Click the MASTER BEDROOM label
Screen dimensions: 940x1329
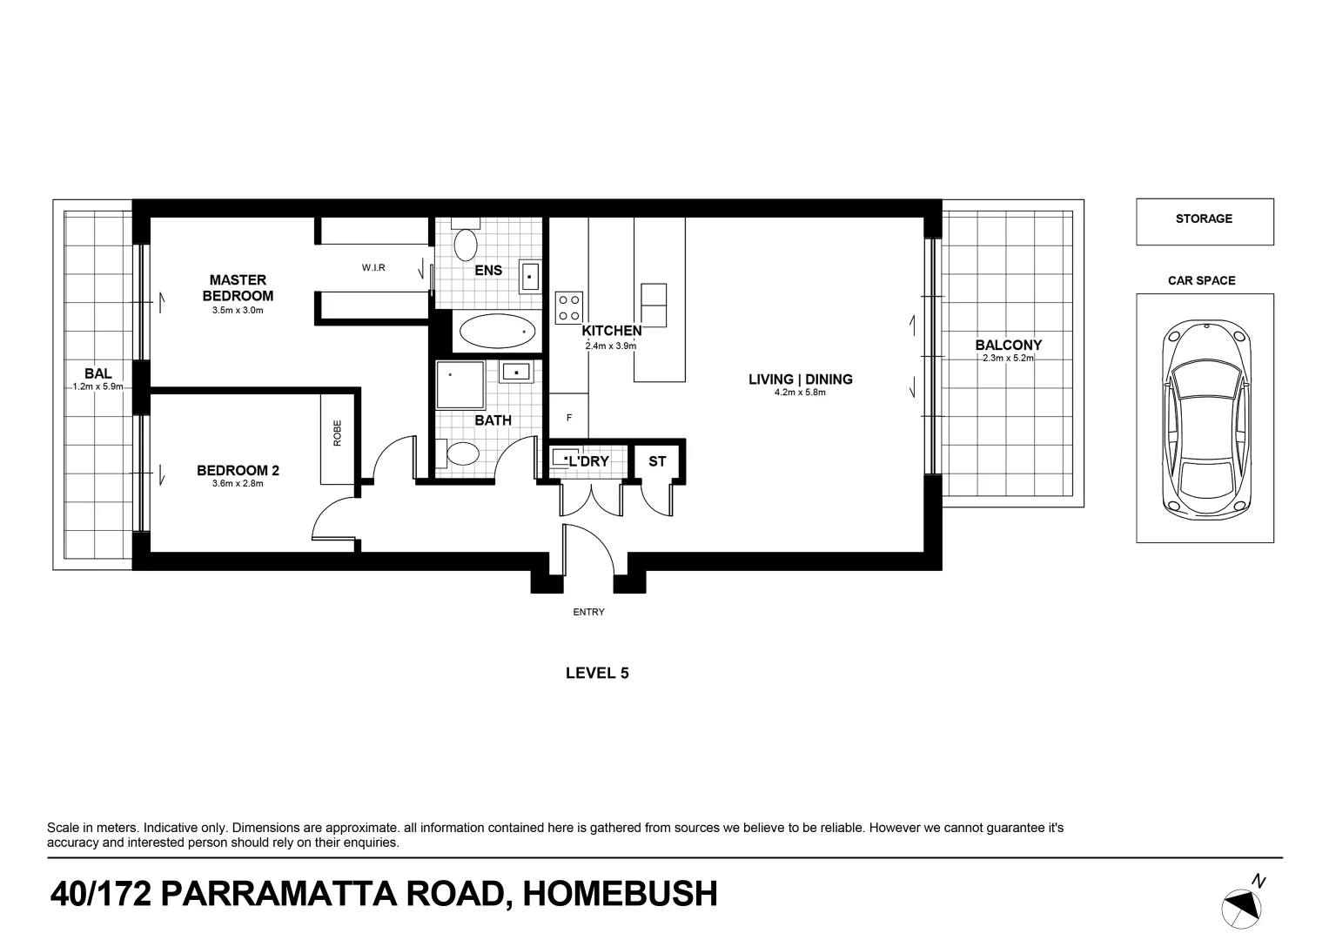pos(238,288)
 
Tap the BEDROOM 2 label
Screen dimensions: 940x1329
pos(238,471)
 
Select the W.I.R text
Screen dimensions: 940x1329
pos(373,268)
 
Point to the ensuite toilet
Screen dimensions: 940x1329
pos(467,244)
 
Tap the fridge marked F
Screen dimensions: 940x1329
pos(569,418)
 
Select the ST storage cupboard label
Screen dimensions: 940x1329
pos(657,461)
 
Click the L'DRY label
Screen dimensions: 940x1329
pos(589,461)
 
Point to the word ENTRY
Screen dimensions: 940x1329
pos(588,613)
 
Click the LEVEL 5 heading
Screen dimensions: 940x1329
pos(597,673)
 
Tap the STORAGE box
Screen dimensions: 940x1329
pos(1204,221)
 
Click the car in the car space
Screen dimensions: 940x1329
pos(1204,418)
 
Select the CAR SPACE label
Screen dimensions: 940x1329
pos(1201,281)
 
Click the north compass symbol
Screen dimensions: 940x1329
pos(1241,906)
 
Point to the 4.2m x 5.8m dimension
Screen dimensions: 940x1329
pos(800,393)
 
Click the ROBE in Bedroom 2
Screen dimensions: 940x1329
pos(338,439)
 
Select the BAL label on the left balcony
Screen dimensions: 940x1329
pos(97,374)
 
